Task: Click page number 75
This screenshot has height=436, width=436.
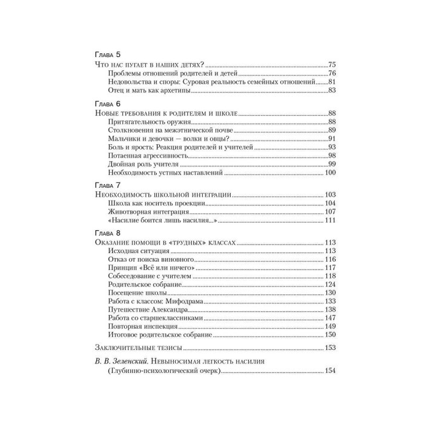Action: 331,64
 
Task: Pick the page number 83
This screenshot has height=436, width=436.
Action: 331,91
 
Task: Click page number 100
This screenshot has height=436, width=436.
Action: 329,173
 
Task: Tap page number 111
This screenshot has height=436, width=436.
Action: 329,220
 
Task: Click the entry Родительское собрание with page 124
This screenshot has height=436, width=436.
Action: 137,285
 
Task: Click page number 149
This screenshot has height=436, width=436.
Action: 329,326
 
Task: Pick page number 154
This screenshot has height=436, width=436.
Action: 329,371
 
